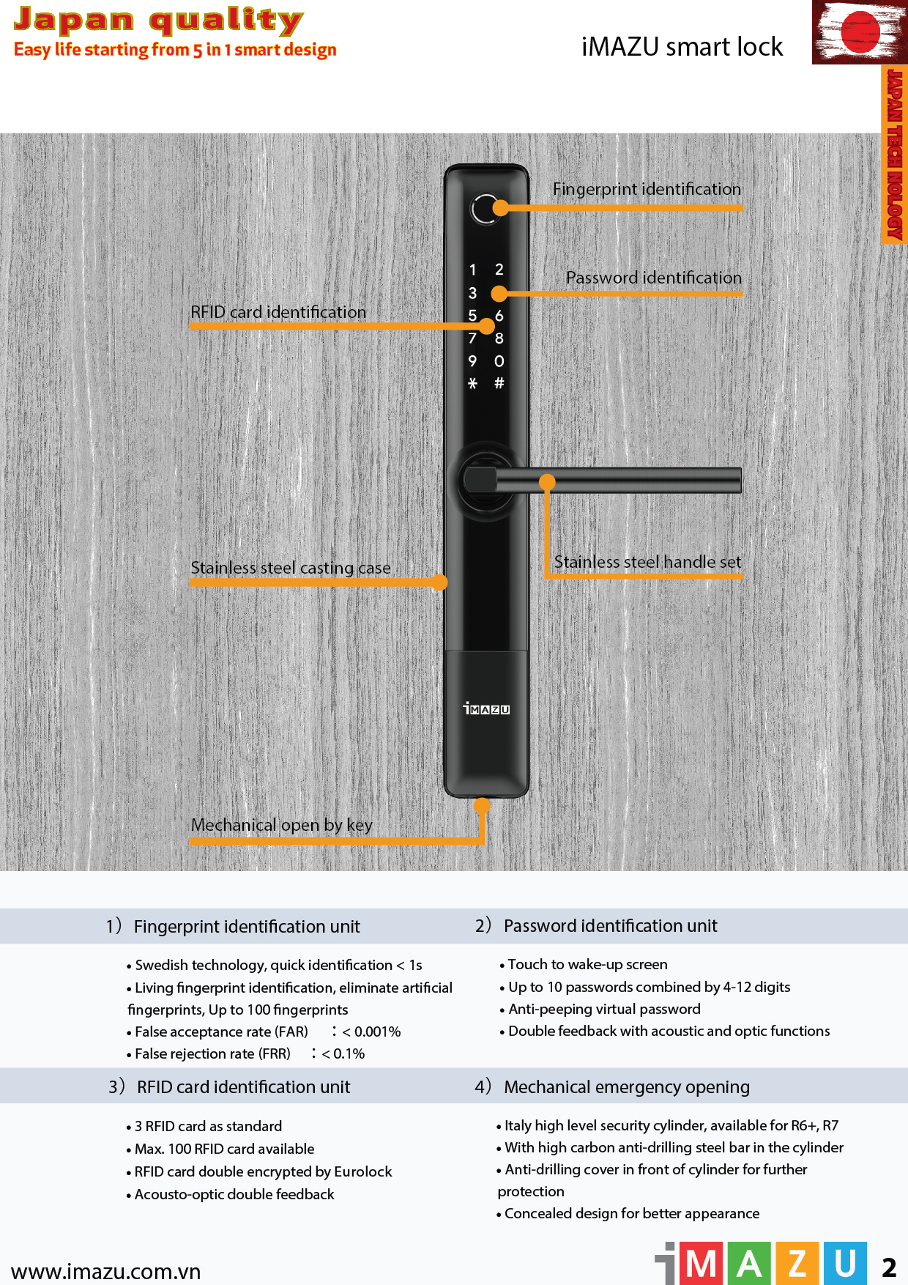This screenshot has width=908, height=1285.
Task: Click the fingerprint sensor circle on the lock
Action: [484, 210]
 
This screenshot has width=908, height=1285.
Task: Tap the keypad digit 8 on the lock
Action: [499, 338]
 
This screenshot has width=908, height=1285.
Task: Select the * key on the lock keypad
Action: [473, 383]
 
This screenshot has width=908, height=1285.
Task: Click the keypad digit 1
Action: [473, 270]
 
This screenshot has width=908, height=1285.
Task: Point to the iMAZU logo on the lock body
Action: [486, 708]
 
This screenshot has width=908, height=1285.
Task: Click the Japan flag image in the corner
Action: [860, 32]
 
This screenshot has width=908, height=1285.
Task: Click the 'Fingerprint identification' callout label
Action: [647, 189]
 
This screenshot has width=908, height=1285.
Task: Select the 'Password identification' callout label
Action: [654, 278]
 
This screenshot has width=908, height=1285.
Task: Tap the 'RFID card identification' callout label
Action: [278, 312]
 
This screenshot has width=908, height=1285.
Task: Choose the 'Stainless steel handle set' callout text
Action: [647, 562]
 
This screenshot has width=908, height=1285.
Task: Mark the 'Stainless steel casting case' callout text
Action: [291, 568]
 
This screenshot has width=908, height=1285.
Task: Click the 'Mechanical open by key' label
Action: [282, 825]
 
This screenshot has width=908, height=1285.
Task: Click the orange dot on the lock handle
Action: [547, 482]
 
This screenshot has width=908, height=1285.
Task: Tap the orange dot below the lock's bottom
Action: [482, 806]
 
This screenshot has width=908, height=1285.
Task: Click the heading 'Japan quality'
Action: [158, 21]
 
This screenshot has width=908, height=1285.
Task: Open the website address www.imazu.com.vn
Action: [106, 1271]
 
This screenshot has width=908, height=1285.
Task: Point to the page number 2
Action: [889, 1267]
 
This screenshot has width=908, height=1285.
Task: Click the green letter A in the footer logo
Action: [749, 1264]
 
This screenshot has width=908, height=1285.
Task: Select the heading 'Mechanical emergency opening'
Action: [627, 1086]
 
